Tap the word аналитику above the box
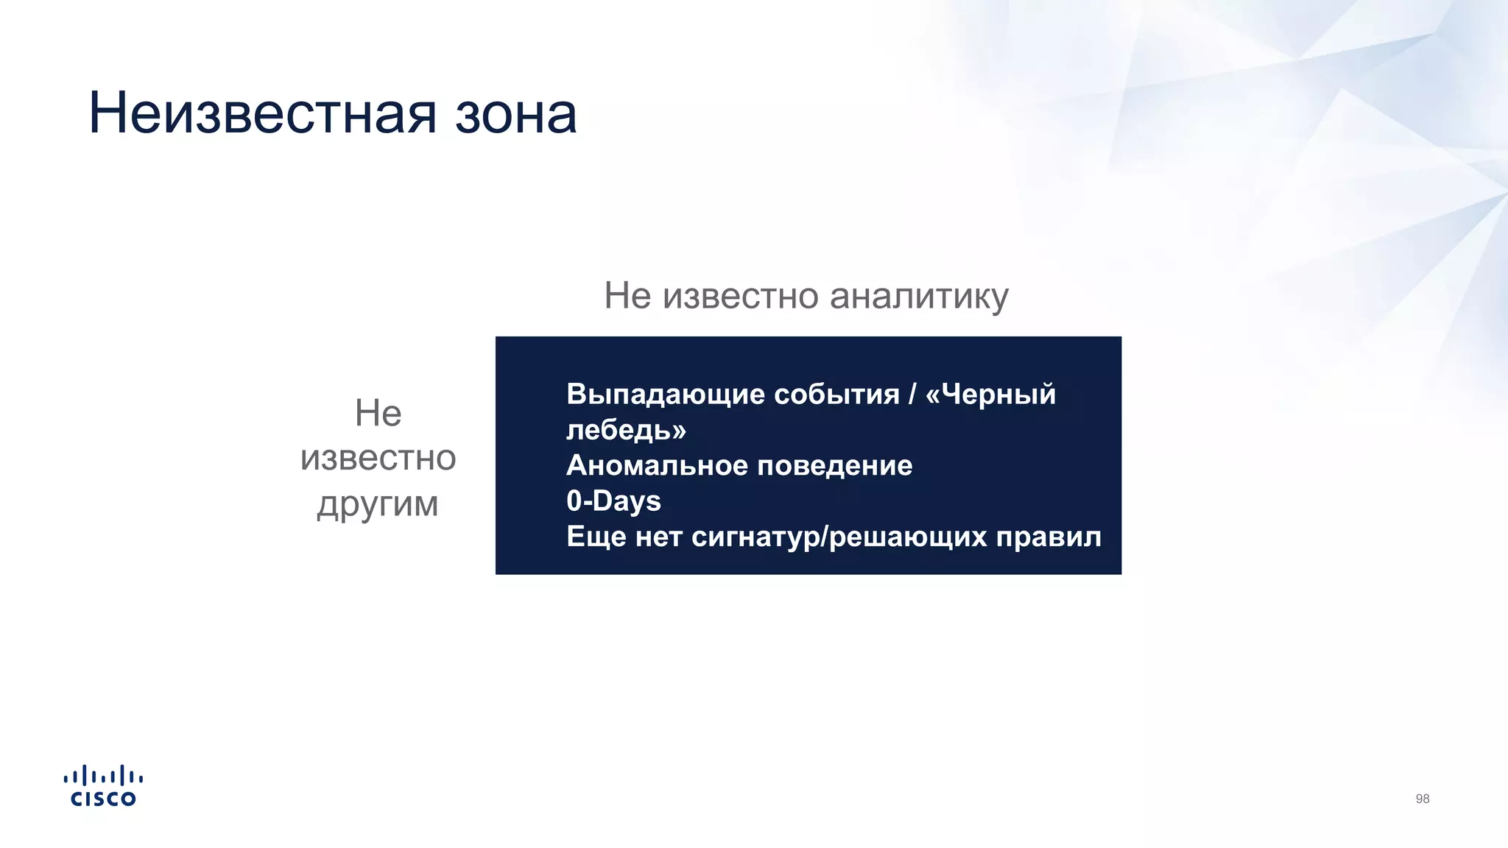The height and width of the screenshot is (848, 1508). coord(919,297)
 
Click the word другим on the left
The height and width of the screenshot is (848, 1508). coord(378,505)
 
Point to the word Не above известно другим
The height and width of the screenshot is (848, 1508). coord(378,413)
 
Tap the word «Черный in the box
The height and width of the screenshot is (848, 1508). coord(990,395)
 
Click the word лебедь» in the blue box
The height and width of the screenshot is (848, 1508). coord(626,430)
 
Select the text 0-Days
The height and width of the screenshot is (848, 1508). coord(613,501)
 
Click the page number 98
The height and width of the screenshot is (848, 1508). coord(1422,799)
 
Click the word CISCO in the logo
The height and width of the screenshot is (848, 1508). coord(103,799)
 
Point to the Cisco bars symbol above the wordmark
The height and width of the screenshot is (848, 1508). coord(103,776)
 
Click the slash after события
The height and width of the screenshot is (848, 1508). coord(912,395)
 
